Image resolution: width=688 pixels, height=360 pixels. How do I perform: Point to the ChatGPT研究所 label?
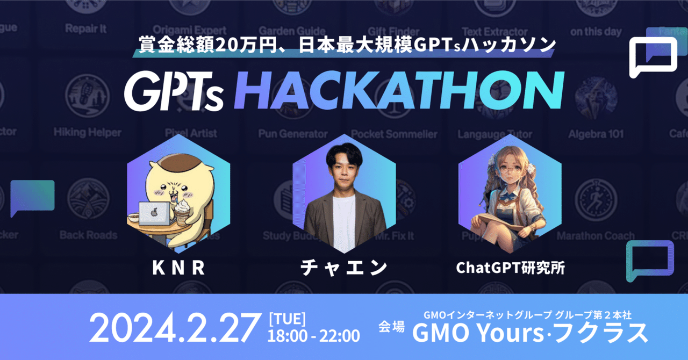[x=510, y=268]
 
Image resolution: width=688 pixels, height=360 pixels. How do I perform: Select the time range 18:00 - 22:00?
[x=313, y=336]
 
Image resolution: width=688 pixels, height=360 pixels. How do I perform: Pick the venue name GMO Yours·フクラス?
[x=530, y=334]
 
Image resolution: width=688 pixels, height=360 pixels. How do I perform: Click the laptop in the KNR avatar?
[x=155, y=214]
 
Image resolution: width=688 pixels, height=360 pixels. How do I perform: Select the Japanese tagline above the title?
[x=347, y=46]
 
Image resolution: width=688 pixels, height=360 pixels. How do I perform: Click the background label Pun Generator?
[x=292, y=134]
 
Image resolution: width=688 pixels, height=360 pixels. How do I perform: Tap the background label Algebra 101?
[x=596, y=134]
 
